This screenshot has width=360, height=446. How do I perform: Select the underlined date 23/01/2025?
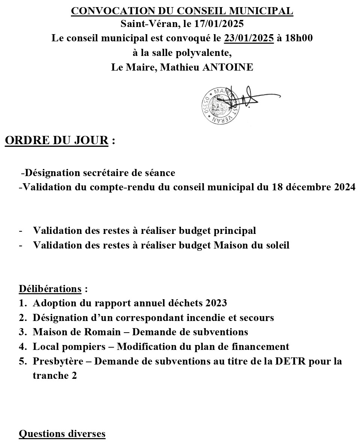249,38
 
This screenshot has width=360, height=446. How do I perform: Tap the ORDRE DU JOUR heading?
56,141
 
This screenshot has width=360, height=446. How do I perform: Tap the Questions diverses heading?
62,434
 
